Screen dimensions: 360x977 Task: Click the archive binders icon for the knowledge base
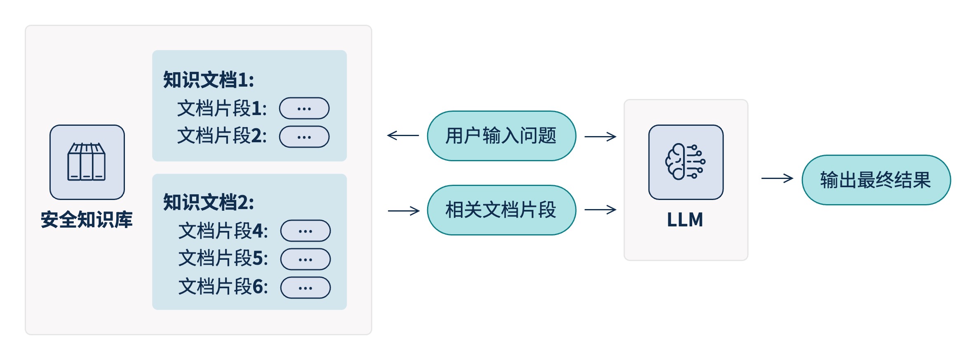(87, 162)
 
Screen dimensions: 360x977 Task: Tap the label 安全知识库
(87, 219)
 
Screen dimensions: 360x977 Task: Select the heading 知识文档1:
(209, 80)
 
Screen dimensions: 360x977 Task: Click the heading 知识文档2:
(209, 202)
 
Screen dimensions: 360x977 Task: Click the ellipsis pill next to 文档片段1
(304, 108)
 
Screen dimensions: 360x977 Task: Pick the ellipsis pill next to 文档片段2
(304, 137)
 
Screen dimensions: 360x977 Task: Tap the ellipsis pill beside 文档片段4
(305, 231)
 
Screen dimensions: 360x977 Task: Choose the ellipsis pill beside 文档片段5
(305, 259)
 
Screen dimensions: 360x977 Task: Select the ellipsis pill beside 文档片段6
(305, 288)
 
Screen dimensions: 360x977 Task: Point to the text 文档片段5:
(223, 259)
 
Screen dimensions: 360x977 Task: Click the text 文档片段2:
(222, 136)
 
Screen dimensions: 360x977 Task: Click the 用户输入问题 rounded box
(501, 136)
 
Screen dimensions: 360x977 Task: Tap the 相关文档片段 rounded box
(501, 210)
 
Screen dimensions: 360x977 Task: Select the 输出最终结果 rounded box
(876, 180)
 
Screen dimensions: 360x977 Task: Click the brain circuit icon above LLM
(686, 162)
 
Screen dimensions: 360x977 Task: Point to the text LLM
(685, 220)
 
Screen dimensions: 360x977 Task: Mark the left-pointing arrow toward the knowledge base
(403, 135)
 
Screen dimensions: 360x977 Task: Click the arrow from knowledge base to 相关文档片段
(404, 211)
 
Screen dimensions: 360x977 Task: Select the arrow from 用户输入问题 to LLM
(600, 136)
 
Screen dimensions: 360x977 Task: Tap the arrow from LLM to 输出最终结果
(777, 178)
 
